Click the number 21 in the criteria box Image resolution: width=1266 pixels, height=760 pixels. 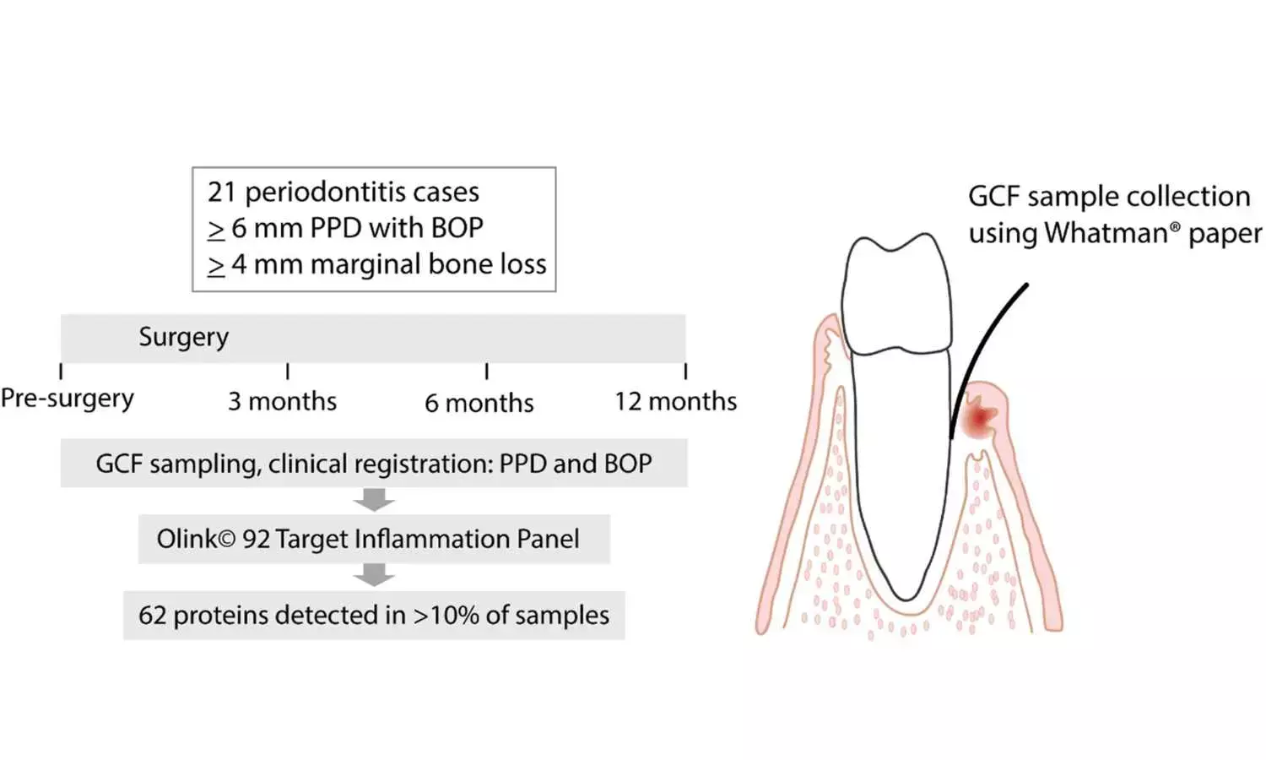(x=223, y=193)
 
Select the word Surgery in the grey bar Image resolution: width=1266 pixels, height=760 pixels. (x=183, y=337)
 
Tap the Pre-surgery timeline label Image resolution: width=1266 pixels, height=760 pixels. (x=67, y=399)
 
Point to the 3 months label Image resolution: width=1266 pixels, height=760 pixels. (x=282, y=401)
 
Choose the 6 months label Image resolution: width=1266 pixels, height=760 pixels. (x=479, y=403)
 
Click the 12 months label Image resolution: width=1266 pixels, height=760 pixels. (x=675, y=401)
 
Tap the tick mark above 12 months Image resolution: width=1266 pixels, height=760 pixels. (x=685, y=371)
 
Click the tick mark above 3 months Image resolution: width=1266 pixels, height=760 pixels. (x=288, y=371)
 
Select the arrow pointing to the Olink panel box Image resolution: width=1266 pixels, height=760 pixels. (x=374, y=500)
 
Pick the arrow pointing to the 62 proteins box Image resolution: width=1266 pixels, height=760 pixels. (x=374, y=576)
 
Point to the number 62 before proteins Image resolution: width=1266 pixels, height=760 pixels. (x=152, y=615)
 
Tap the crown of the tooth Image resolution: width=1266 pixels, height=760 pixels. (x=896, y=291)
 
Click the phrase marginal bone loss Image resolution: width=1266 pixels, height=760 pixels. (x=428, y=264)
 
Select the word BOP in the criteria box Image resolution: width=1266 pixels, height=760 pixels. (x=457, y=228)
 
